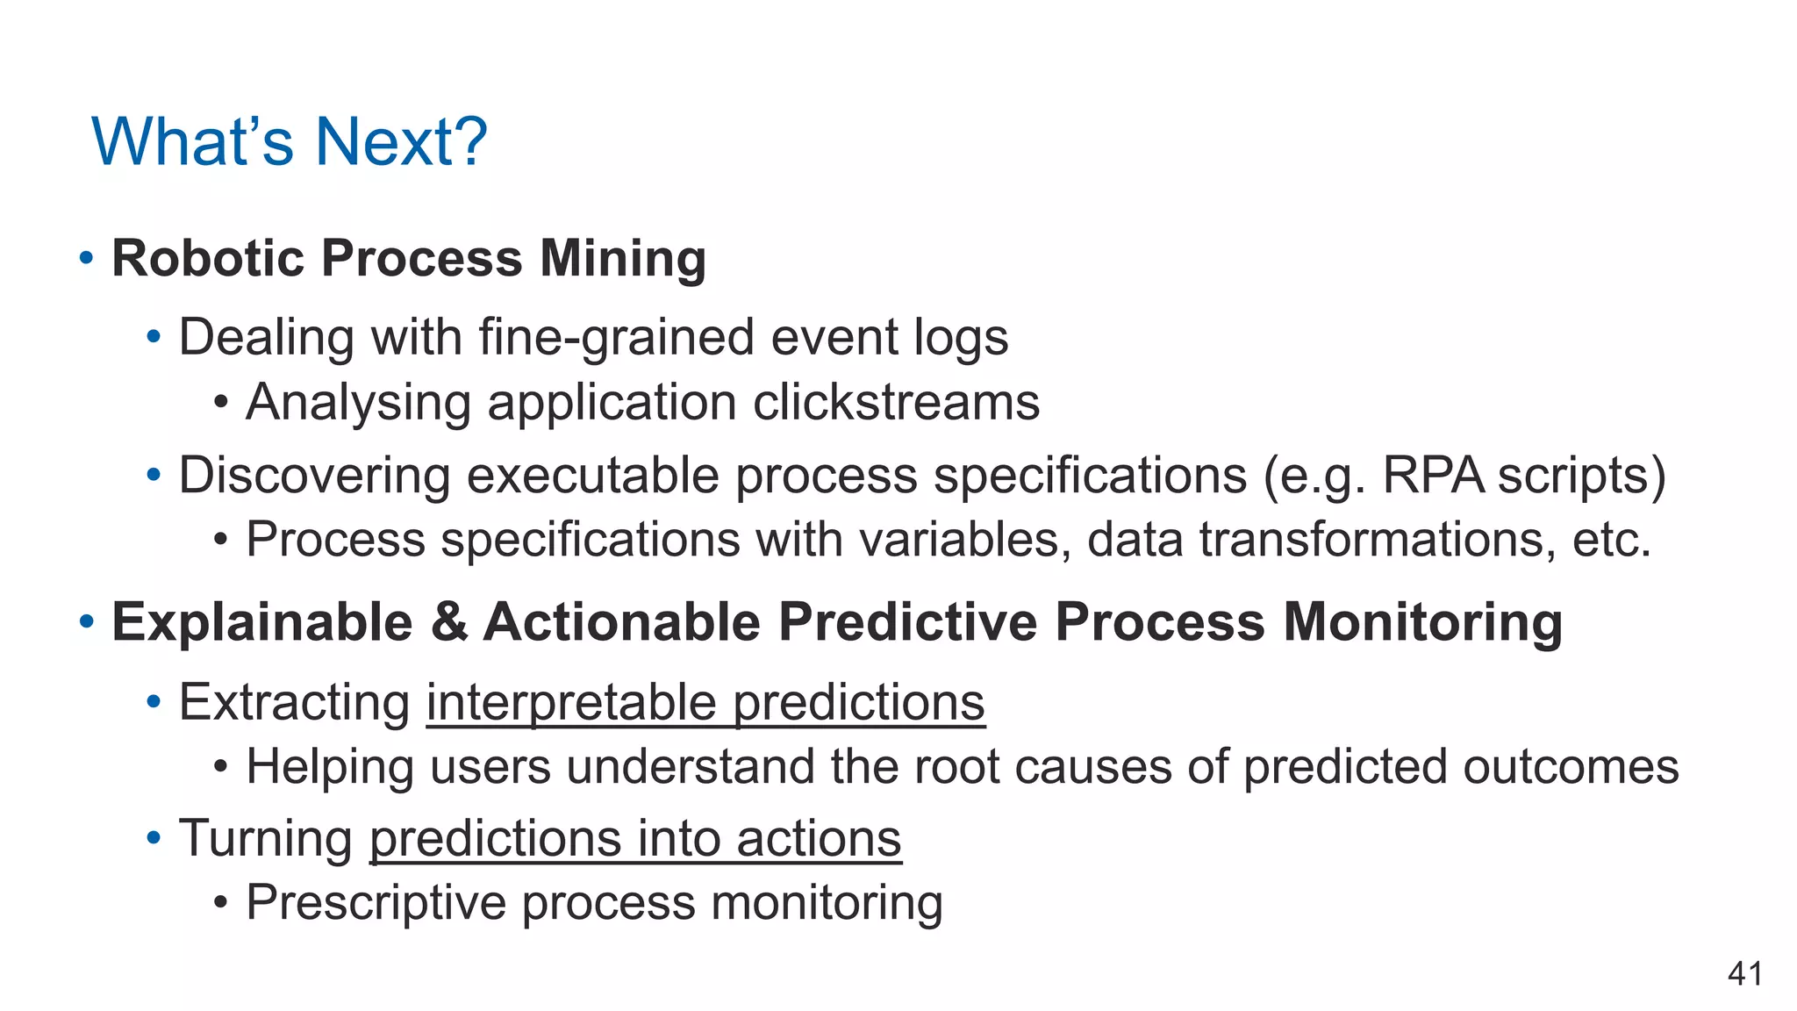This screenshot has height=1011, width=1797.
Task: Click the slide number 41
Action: tap(1744, 974)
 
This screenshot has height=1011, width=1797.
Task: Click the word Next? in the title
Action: tap(400, 141)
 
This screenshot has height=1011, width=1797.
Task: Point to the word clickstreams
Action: tap(896, 403)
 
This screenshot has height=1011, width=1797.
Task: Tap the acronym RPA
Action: tap(1433, 476)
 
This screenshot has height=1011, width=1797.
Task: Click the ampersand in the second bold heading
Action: tap(448, 622)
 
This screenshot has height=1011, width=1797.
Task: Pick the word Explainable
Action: tap(262, 622)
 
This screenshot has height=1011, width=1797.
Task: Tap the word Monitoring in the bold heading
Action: tap(1422, 622)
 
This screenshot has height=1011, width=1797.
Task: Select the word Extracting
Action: tap(295, 703)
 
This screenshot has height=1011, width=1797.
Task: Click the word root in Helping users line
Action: tap(956, 766)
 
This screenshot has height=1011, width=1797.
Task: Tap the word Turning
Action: tap(266, 838)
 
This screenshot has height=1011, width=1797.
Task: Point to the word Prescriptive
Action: tap(376, 903)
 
